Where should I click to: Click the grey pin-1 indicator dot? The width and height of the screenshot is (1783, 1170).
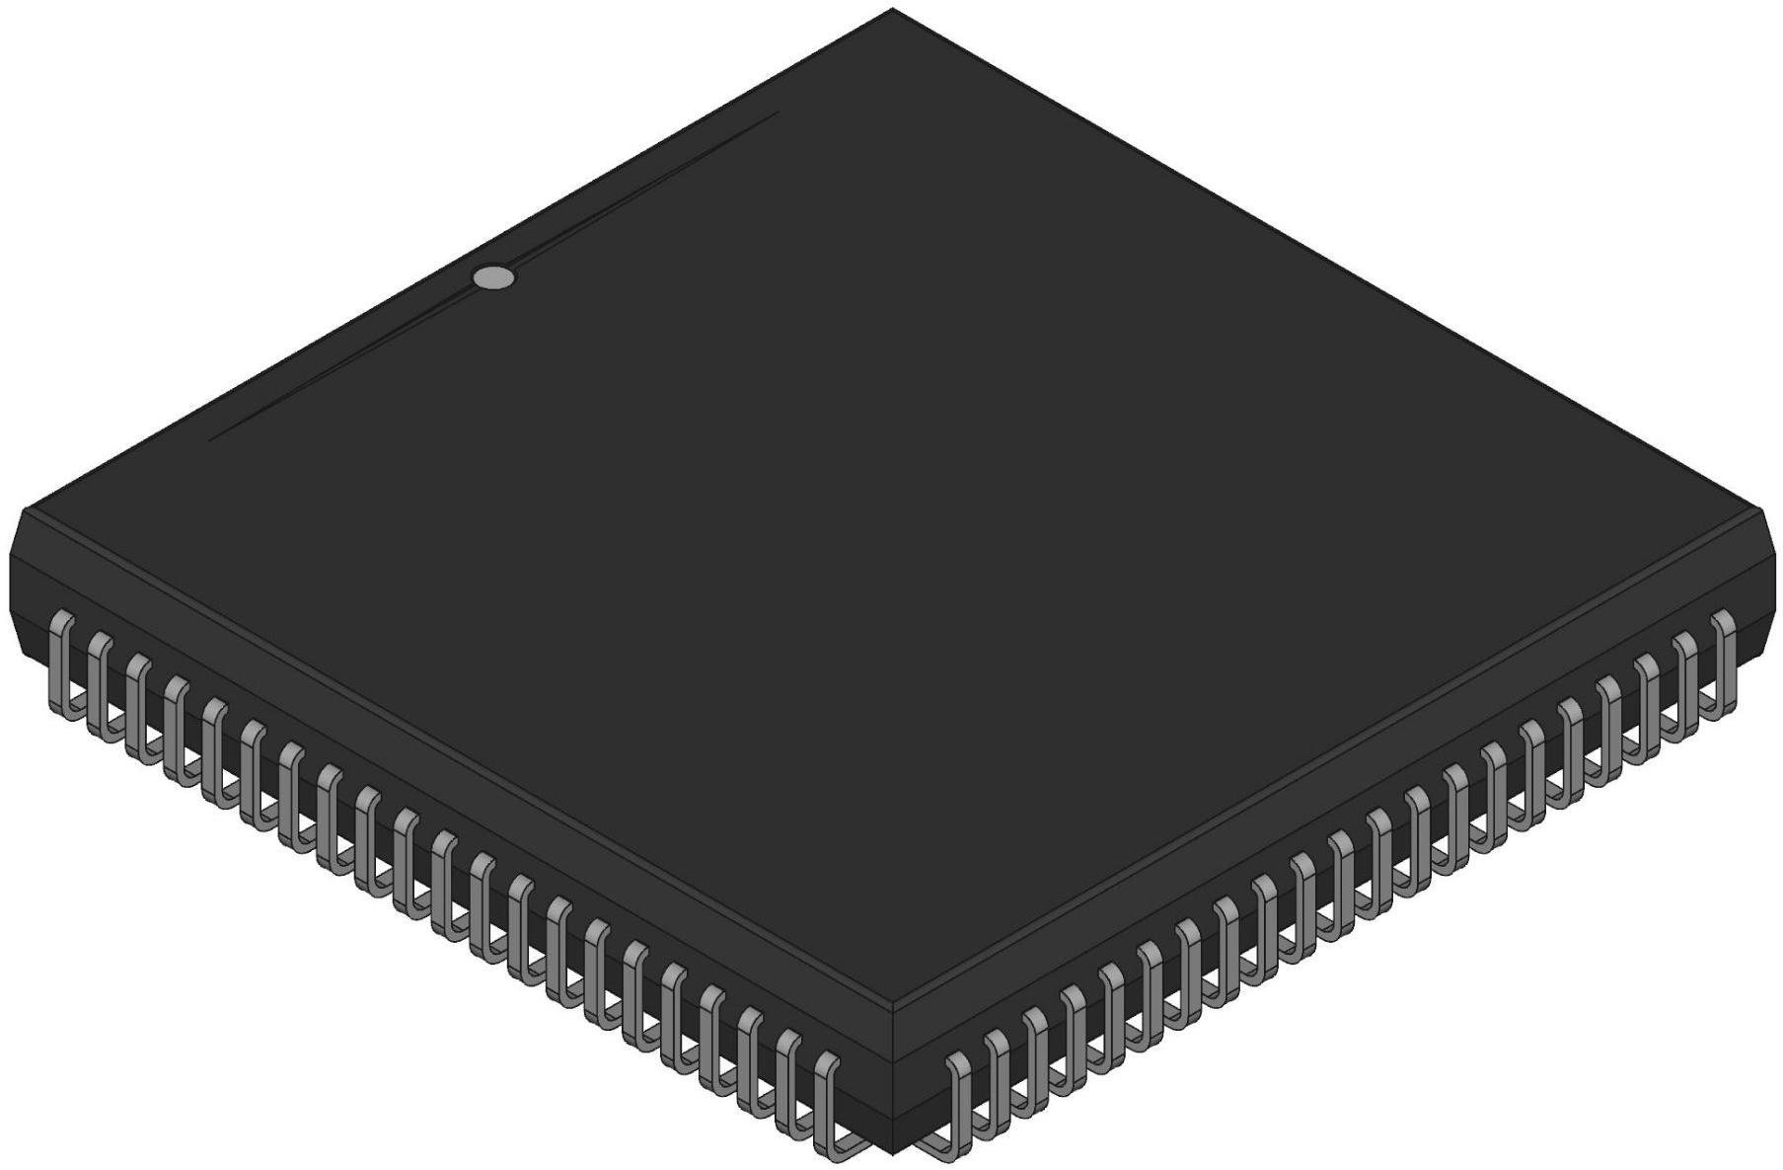coord(494,278)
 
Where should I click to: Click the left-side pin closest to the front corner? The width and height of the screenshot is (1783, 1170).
coord(827,1111)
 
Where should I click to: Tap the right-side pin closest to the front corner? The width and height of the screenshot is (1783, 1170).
coord(955,1111)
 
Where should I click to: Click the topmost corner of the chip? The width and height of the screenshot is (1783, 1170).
coord(892,10)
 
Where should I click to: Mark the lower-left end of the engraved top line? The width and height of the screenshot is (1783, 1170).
coord(210,439)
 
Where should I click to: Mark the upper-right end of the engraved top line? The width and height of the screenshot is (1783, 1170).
coord(778,114)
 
